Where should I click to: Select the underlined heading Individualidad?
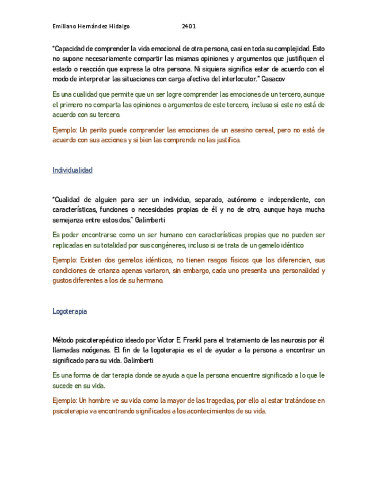click(72, 170)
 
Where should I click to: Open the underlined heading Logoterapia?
click(70, 311)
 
